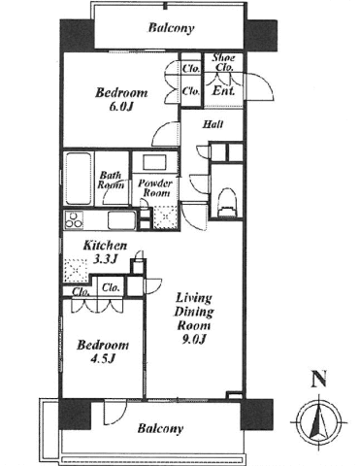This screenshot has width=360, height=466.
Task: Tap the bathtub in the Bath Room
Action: pyautogui.click(x=79, y=179)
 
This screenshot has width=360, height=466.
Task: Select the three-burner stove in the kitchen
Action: pyautogui.click(x=74, y=219)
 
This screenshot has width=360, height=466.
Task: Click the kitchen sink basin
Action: pyautogui.click(x=122, y=219)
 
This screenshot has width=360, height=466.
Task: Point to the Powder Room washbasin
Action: pyautogui.click(x=154, y=163)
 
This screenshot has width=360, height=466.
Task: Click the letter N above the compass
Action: pyautogui.click(x=318, y=380)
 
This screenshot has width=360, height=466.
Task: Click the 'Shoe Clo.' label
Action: pyautogui.click(x=223, y=62)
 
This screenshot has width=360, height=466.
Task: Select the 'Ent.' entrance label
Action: pyautogui.click(x=223, y=91)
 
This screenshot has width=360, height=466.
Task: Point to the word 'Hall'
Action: pyautogui.click(x=213, y=124)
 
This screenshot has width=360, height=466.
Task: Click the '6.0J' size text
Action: pyautogui.click(x=121, y=107)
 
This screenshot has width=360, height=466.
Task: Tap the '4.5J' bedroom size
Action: pyautogui.click(x=103, y=359)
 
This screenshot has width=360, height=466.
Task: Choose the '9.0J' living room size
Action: pyautogui.click(x=194, y=339)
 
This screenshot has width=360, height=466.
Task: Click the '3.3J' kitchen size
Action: pyautogui.click(x=105, y=259)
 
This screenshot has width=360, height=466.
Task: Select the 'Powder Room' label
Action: pyautogui.click(x=154, y=188)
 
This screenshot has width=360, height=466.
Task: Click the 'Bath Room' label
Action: pyautogui.click(x=111, y=180)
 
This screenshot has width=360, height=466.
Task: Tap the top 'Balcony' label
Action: pyautogui.click(x=171, y=28)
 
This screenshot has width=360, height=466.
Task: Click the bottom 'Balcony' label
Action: pyautogui.click(x=160, y=428)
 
